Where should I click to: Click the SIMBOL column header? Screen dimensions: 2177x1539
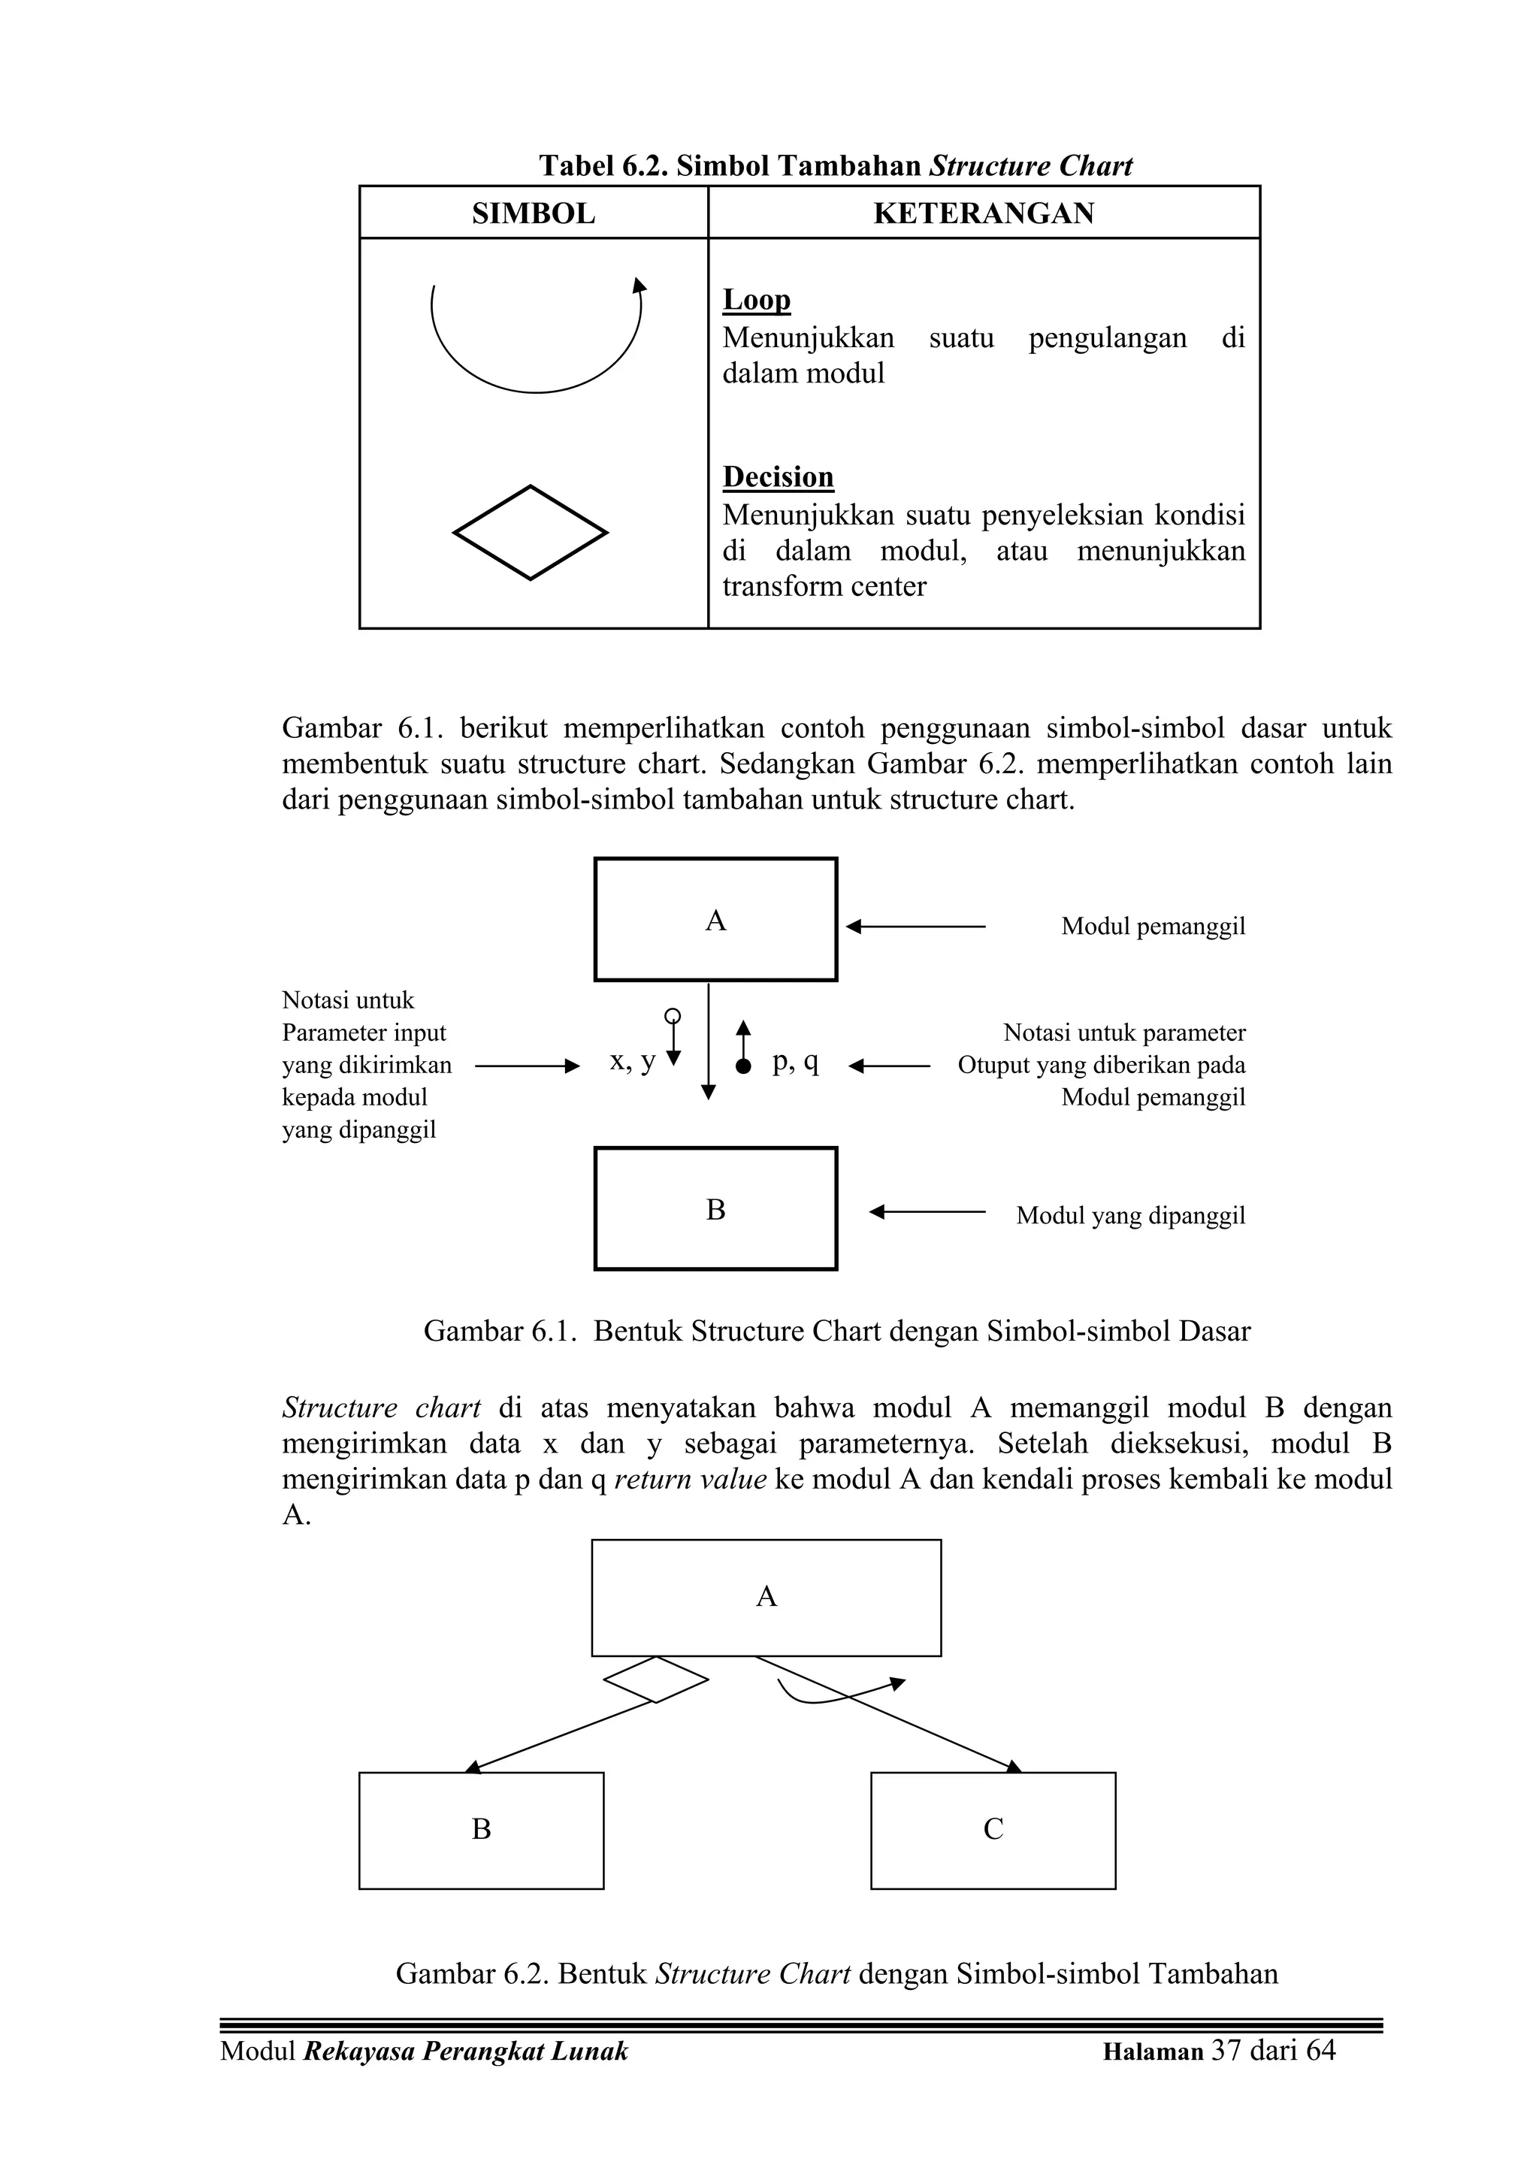(x=533, y=213)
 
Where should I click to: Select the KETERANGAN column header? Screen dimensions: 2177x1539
(x=984, y=213)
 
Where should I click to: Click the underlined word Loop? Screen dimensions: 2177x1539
(x=756, y=300)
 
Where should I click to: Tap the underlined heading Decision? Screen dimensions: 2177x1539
(x=778, y=477)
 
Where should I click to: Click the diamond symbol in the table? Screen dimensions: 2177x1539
(x=530, y=533)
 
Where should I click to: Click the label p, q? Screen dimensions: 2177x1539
(x=794, y=1061)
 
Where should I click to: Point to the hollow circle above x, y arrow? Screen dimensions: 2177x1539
(x=673, y=1015)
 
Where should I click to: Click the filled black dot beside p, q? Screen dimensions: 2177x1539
(x=743, y=1066)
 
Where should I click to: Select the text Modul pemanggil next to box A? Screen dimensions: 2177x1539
(x=1152, y=927)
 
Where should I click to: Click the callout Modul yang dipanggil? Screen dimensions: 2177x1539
(x=1129, y=1216)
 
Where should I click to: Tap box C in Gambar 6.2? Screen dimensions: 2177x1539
(x=992, y=1829)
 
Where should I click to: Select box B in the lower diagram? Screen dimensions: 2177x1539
(x=481, y=1829)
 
